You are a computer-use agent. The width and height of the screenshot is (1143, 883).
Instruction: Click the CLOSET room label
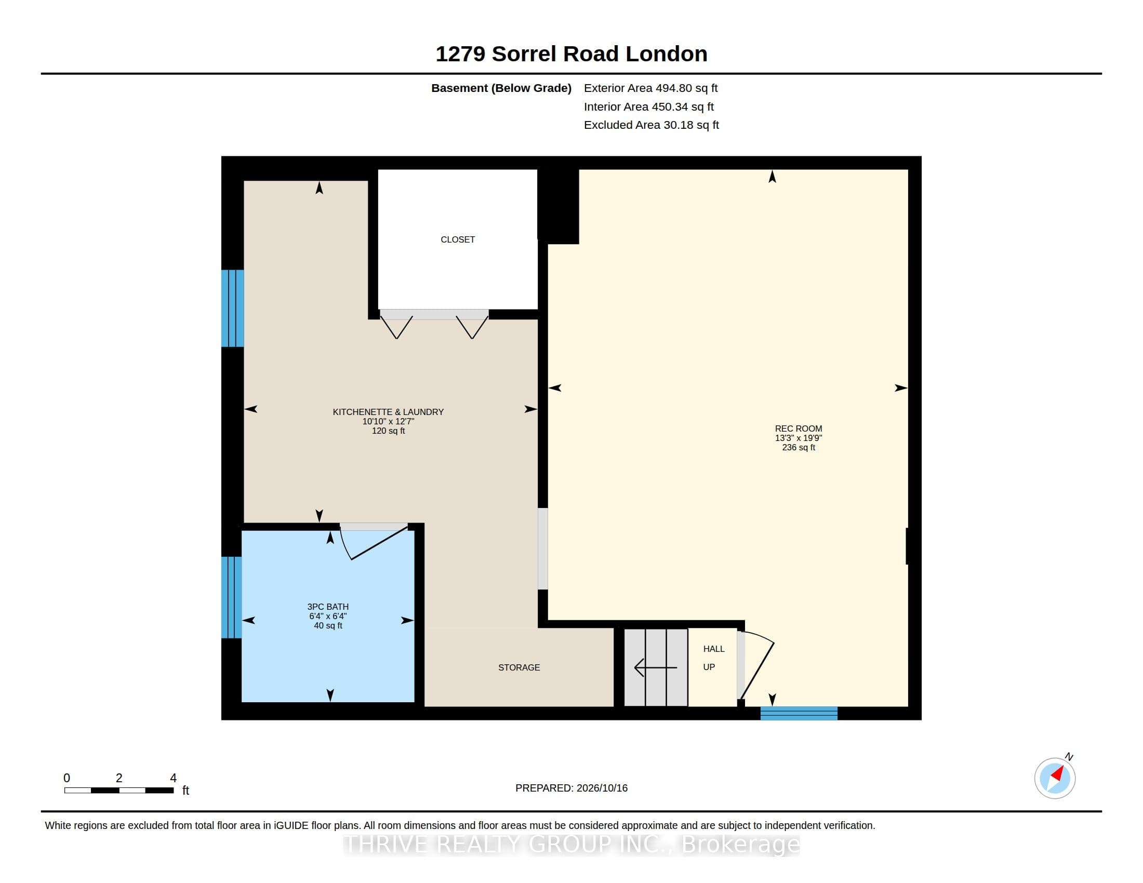point(457,239)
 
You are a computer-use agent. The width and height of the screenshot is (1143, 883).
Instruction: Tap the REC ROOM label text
point(798,429)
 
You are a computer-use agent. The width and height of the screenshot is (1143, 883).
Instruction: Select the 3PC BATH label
point(328,607)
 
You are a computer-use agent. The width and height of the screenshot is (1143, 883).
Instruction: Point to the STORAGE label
point(519,667)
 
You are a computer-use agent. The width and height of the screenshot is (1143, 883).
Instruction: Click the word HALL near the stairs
point(714,649)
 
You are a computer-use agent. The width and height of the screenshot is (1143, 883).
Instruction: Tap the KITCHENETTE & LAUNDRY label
point(388,412)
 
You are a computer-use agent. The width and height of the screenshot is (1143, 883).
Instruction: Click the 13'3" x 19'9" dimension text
point(798,438)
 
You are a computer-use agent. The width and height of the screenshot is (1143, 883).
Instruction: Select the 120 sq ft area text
point(388,431)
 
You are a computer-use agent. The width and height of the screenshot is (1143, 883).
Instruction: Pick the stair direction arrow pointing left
point(655,667)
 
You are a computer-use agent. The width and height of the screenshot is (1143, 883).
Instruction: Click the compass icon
point(1055,778)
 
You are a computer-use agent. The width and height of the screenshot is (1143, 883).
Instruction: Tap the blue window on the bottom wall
point(799,714)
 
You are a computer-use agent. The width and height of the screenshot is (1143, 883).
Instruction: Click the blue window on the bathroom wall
point(231,597)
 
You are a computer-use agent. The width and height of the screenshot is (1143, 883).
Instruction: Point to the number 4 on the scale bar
point(173,778)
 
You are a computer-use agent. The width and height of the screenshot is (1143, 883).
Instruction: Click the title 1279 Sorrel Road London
point(571,54)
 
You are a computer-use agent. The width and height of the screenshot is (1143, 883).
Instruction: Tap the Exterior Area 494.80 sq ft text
point(650,88)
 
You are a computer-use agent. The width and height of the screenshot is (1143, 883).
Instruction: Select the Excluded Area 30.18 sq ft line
point(651,125)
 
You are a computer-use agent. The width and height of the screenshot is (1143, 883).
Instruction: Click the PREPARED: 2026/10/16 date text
point(571,788)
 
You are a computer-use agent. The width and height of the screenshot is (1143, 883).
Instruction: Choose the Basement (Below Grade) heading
point(501,88)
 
